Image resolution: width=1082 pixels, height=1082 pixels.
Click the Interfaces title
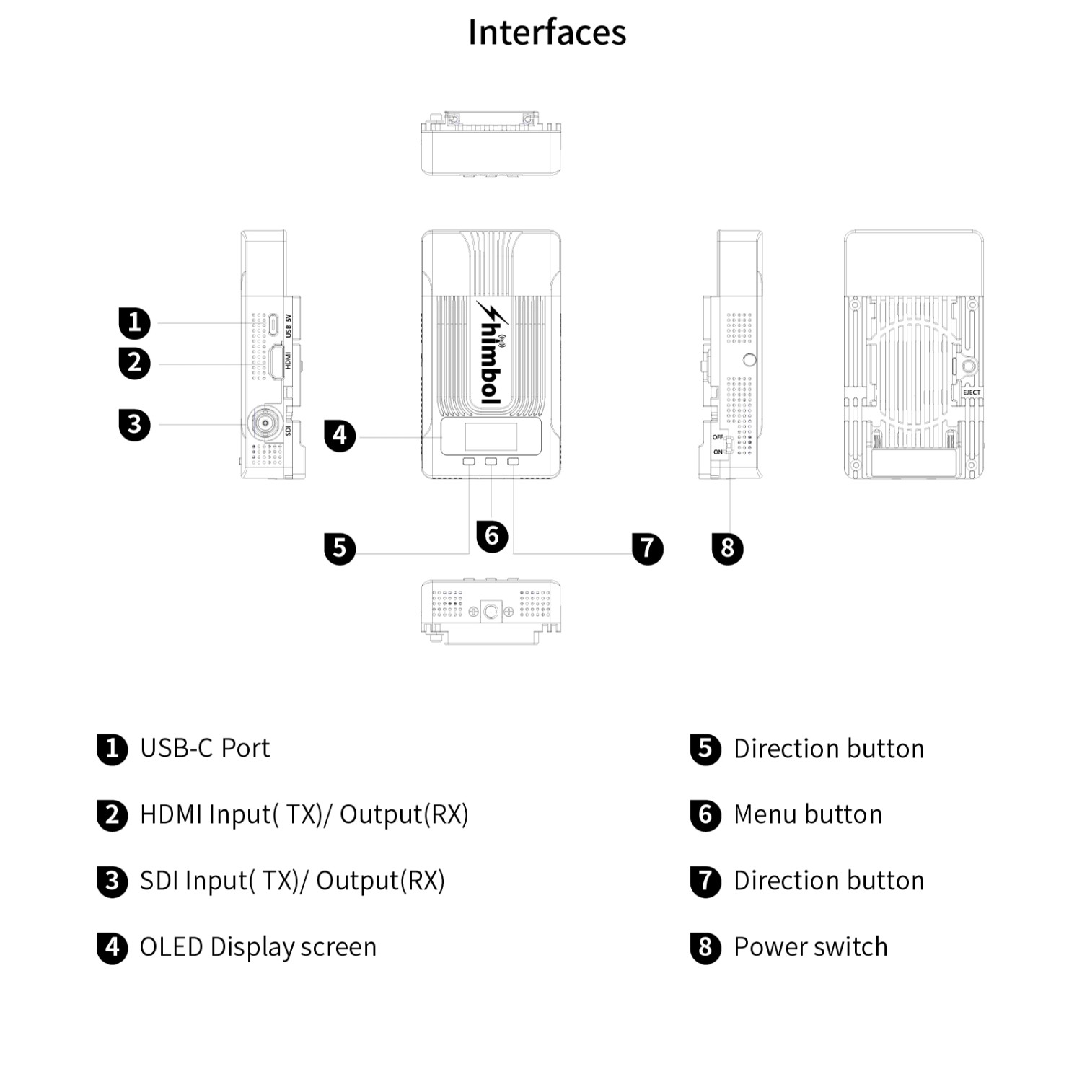pos(547,32)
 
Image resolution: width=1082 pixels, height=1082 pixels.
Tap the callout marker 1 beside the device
pos(134,322)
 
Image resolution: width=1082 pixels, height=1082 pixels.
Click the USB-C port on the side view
pos(275,323)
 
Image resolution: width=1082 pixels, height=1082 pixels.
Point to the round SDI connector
pos(265,423)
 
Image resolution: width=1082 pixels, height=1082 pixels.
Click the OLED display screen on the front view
pos(491,437)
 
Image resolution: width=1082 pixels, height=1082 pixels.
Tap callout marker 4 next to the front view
pos(340,436)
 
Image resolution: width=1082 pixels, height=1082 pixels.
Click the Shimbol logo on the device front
pos(491,353)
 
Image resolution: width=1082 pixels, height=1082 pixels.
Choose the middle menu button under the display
pos(491,462)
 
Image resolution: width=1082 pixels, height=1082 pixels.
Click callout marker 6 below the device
pos(492,536)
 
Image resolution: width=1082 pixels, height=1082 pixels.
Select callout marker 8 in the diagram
pos(727,548)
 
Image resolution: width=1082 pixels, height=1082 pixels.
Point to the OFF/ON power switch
pos(729,445)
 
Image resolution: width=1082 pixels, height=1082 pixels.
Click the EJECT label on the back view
pos(972,392)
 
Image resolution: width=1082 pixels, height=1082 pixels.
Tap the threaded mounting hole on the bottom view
pos(491,612)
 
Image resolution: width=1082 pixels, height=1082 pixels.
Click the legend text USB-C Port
pos(205,749)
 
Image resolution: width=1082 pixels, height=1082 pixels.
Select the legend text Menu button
pos(808,814)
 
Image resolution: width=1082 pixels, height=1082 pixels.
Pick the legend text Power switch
pos(811,947)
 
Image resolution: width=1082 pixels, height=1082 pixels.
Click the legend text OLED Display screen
pos(258,947)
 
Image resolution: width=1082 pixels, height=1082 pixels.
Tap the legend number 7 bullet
pos(705,881)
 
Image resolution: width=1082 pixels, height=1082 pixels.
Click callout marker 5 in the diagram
pos(340,548)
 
